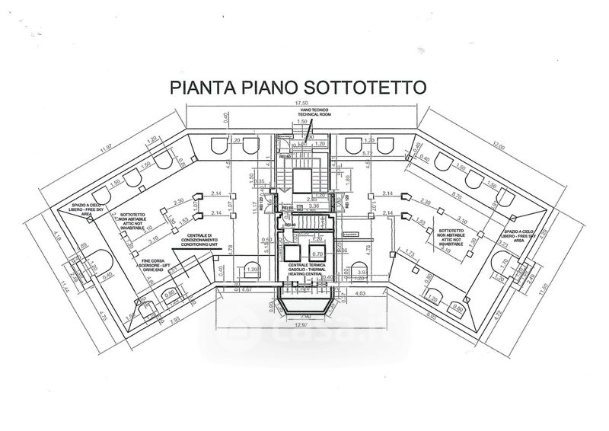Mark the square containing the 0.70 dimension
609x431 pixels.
pyautogui.click(x=318, y=254)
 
